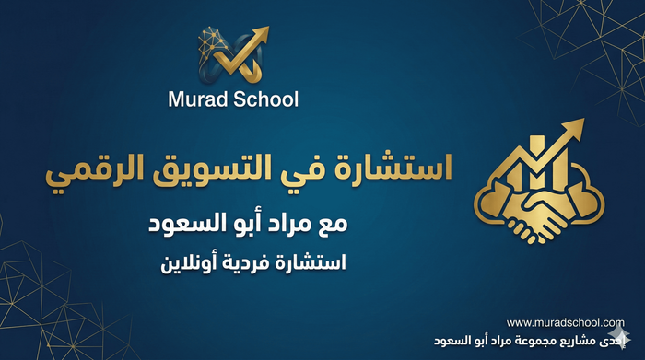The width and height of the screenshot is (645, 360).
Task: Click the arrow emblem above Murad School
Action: pos(233,54)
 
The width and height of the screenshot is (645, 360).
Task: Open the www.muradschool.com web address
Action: pos(565,322)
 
